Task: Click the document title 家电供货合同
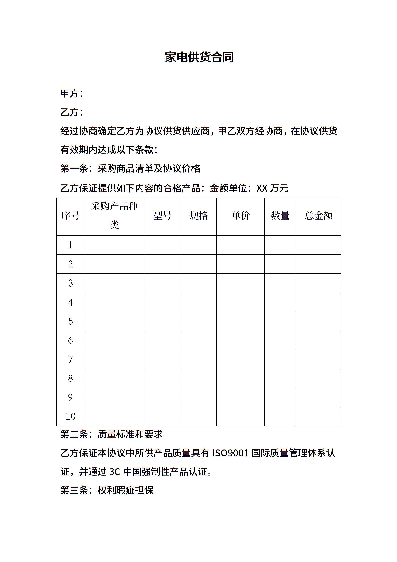pos(199,57)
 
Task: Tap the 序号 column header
pos(70,216)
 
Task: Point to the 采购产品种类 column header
pos(114,216)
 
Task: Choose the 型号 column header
pos(162,216)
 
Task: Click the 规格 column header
pos(198,216)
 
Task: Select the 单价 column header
pos(240,216)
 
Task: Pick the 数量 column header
pos(280,216)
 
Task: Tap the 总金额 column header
pos(318,216)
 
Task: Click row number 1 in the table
pos(70,245)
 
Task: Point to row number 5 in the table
pos(70,321)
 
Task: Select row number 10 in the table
pos(70,416)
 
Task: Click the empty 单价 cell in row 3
pos(240,283)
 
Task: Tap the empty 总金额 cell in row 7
pos(318,359)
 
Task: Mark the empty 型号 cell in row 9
pos(162,397)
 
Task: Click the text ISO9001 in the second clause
pos(230,453)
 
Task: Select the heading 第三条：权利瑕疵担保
pos(107,490)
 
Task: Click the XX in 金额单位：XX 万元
pos(262,188)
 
